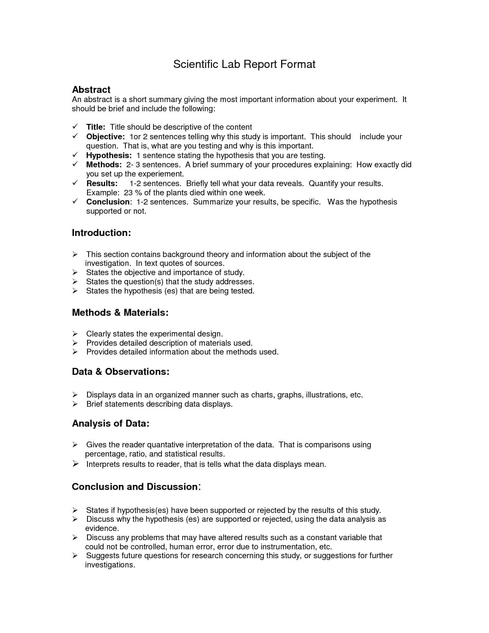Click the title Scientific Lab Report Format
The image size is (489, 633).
point(244,64)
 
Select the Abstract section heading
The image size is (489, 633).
point(91,90)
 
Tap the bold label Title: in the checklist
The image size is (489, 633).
point(95,127)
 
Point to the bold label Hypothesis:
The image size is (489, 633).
point(109,155)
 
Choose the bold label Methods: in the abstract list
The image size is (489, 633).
point(104,165)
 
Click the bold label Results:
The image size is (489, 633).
point(102,183)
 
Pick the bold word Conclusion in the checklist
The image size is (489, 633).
point(108,202)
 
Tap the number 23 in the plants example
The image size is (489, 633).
point(128,193)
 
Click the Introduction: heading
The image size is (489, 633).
point(101,233)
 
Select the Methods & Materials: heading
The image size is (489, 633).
point(120,313)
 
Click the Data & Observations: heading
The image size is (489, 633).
point(120,372)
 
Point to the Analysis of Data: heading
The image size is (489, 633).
point(110,424)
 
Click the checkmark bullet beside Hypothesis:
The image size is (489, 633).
point(76,155)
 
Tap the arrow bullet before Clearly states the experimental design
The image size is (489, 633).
point(75,334)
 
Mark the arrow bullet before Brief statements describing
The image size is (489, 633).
point(75,404)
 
